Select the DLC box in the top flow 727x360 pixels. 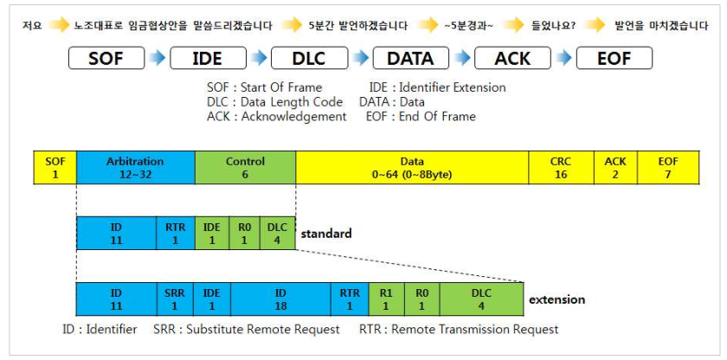coord(309,58)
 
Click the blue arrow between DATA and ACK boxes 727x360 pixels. coord(460,58)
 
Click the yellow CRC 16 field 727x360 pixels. coord(561,167)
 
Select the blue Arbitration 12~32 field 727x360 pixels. coord(135,167)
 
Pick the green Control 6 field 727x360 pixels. coord(245,167)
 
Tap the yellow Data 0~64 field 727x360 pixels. coord(412,167)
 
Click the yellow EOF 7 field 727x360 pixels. coord(668,167)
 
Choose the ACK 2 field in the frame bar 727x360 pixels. coord(614,167)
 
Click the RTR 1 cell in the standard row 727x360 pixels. coord(175,233)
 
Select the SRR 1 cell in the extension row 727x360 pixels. coord(175,299)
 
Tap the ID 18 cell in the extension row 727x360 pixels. coord(280,299)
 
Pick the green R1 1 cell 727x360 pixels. coord(386,299)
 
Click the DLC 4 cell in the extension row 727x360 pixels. coord(481,299)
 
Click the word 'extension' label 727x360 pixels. coord(557,299)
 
